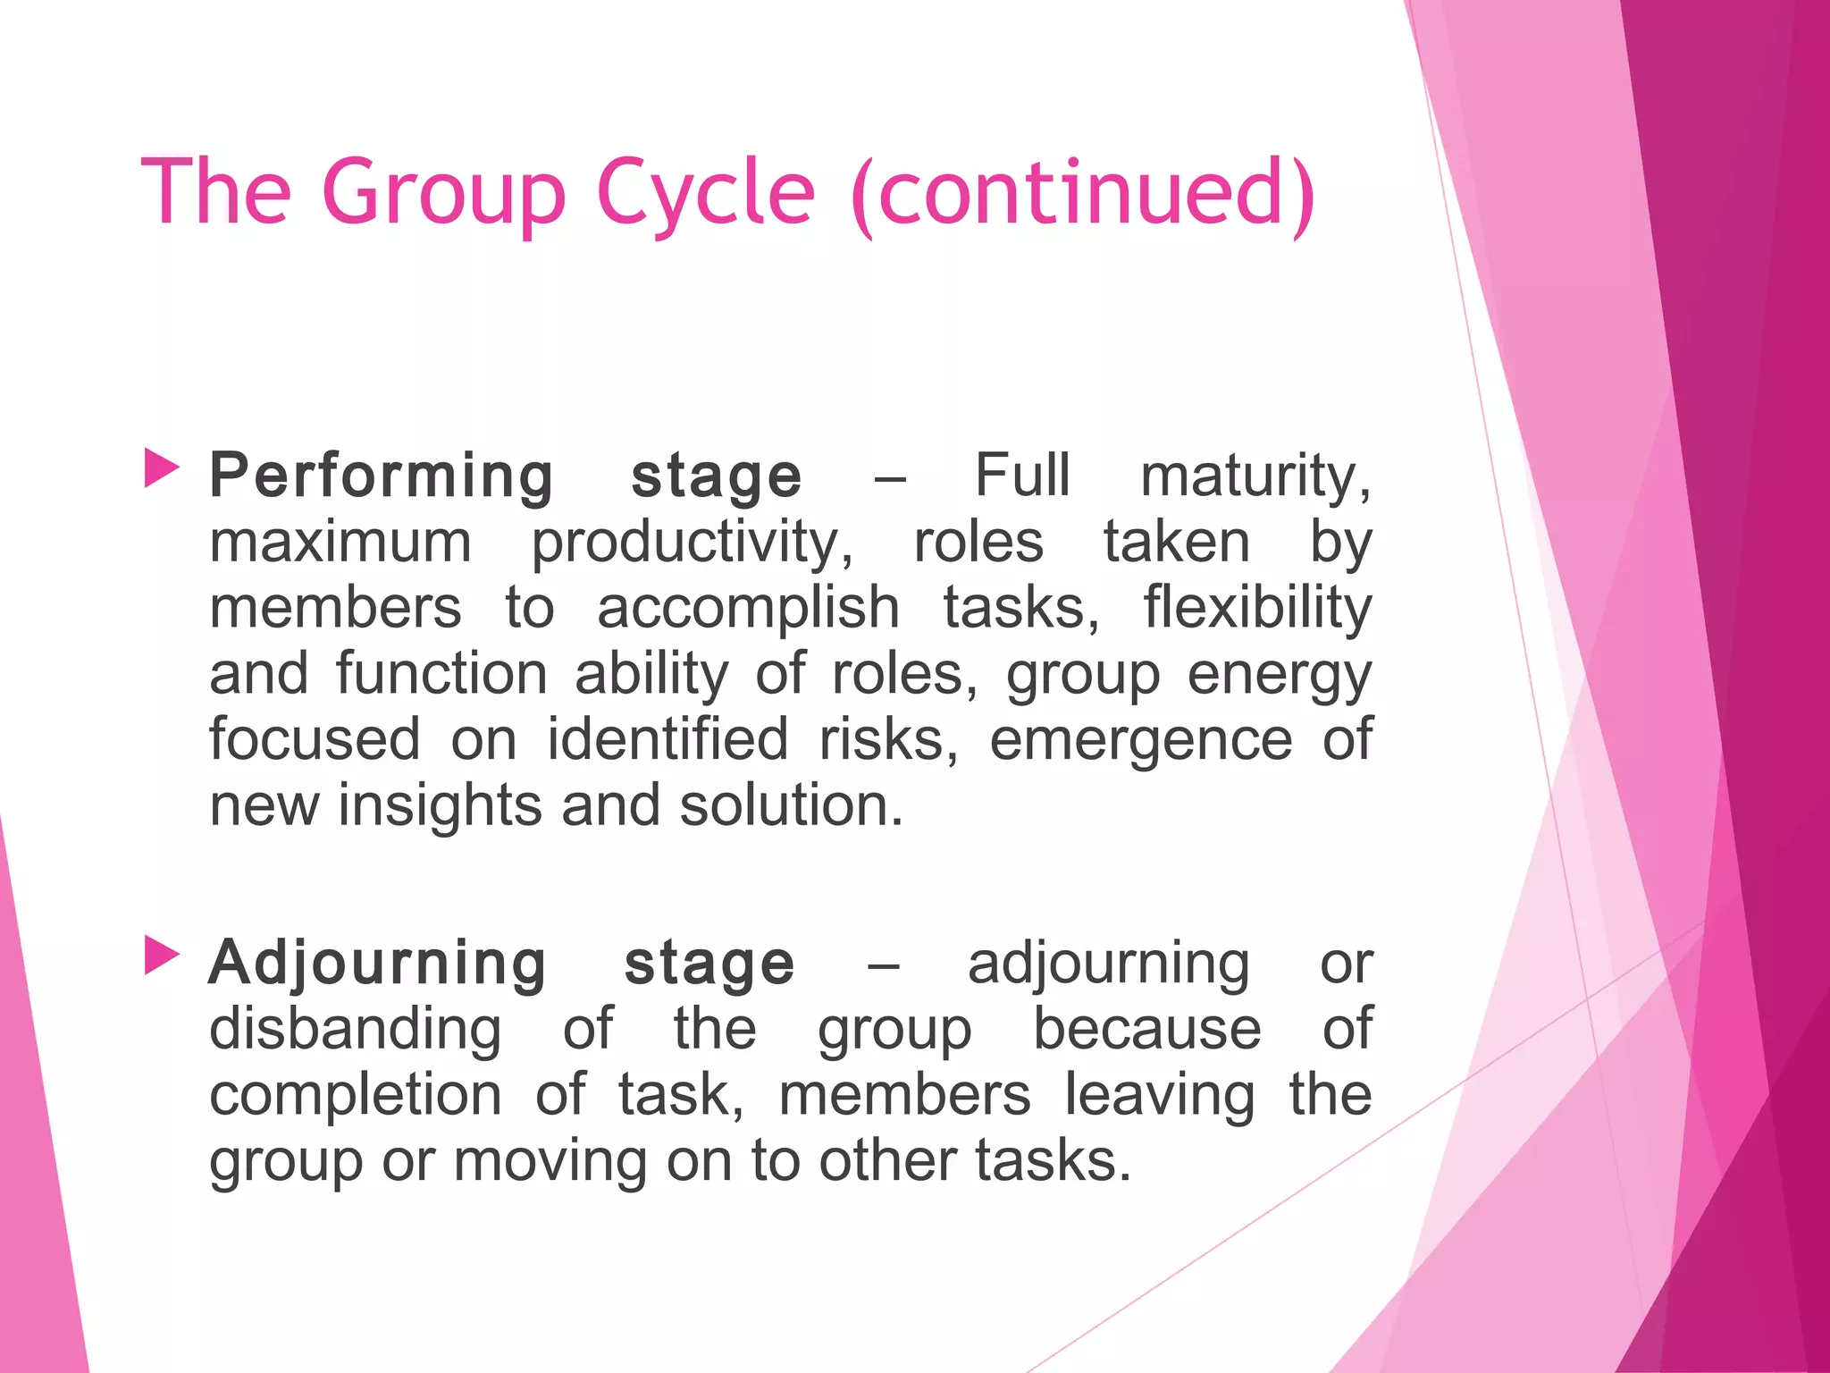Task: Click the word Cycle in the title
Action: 705,192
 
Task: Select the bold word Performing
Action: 382,476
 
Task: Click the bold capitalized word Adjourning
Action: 377,964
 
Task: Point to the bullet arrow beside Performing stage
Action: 162,468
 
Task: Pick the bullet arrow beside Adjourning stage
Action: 162,956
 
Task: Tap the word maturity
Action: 1255,476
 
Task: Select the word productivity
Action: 692,543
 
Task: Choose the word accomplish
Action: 748,608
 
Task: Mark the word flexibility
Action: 1257,608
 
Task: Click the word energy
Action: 1279,675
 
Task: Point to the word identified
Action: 667,739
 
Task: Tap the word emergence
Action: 1140,741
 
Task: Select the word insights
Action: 440,805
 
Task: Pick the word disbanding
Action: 356,1029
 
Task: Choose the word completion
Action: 356,1096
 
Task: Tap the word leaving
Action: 1159,1096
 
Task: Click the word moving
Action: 550,1161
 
